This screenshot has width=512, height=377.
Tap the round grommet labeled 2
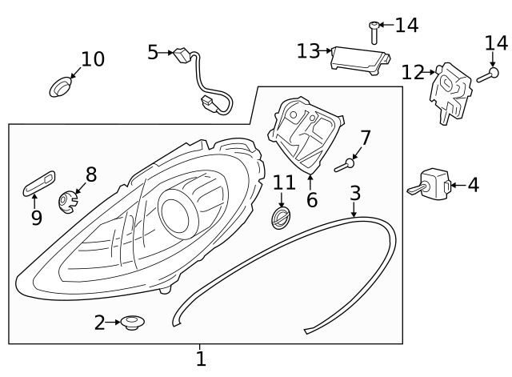click(132, 323)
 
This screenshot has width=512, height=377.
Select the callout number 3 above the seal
click(354, 193)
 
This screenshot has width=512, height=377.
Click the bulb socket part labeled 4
click(432, 184)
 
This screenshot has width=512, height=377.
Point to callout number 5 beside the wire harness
click(153, 53)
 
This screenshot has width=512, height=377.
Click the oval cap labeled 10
click(61, 86)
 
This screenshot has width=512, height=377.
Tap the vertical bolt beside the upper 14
click(373, 33)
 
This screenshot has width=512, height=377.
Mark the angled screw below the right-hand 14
click(486, 76)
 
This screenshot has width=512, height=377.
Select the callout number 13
click(308, 51)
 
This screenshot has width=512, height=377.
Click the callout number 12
click(413, 72)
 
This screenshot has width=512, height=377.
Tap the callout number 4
click(473, 186)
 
